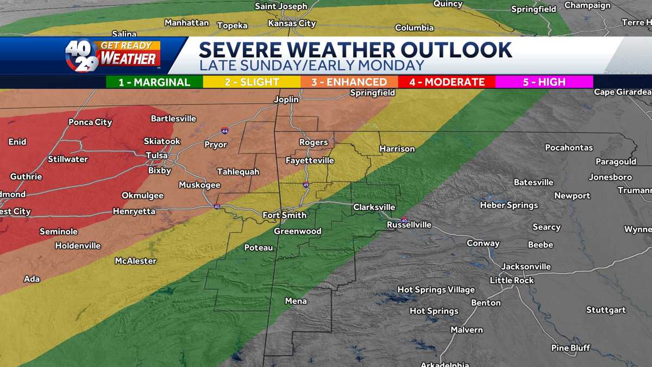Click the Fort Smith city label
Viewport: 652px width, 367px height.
(x=284, y=215)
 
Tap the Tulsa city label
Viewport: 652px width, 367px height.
(x=157, y=155)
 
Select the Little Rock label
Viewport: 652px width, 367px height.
(x=512, y=281)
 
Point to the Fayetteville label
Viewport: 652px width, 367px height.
(x=310, y=161)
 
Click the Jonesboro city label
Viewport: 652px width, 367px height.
(x=610, y=177)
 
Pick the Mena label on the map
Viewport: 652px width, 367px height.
(x=296, y=301)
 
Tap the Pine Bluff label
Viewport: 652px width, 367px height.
(x=570, y=348)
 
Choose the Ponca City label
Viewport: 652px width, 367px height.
(x=90, y=122)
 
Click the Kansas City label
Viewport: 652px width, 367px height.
(x=292, y=24)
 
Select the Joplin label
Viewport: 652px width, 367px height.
(x=286, y=99)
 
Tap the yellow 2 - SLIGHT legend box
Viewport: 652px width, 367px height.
(x=252, y=82)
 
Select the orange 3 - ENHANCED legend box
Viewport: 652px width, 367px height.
(x=349, y=82)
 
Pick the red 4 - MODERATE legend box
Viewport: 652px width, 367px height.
(x=447, y=82)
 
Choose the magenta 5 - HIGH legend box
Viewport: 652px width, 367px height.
(x=544, y=82)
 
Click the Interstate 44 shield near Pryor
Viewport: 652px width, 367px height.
(x=225, y=131)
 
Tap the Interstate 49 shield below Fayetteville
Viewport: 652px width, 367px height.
(x=306, y=185)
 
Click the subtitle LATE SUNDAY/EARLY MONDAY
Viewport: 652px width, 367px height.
(x=311, y=66)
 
